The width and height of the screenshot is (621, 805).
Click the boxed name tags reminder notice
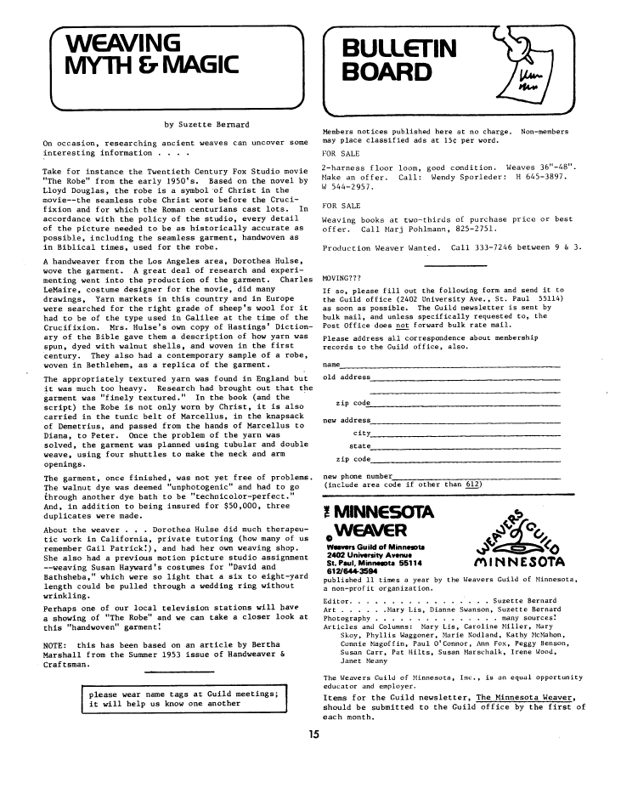click(189, 698)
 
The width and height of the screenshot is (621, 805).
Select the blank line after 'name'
click(450, 366)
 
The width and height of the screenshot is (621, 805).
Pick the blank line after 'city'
click(467, 433)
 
